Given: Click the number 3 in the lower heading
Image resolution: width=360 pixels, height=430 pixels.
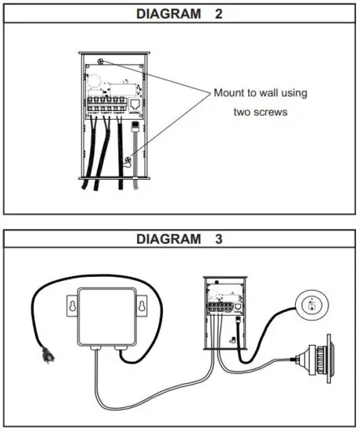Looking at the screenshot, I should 217,239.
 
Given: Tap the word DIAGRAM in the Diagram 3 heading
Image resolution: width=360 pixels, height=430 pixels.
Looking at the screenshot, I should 167,239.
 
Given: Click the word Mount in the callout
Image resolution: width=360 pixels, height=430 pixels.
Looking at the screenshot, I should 230,93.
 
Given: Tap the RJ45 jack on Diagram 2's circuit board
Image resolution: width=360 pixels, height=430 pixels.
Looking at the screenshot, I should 138,102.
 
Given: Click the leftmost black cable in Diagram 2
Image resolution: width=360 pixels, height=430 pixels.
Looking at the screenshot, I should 92,156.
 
